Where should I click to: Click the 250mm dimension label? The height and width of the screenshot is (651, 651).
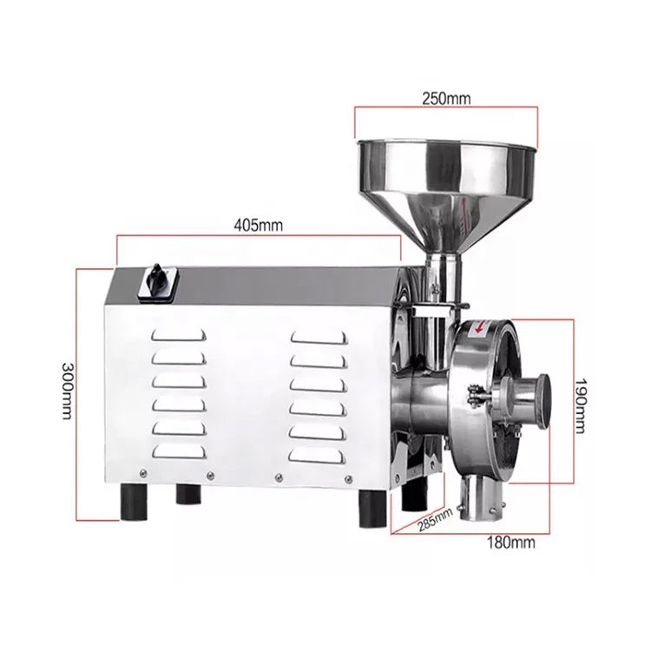click(446, 99)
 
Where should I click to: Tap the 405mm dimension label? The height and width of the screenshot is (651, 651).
click(259, 225)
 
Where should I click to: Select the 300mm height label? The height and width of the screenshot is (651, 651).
click(67, 391)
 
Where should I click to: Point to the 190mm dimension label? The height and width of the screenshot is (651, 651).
click(581, 406)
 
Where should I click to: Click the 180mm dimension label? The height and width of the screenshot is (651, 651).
click(510, 542)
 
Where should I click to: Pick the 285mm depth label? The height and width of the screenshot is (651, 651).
click(435, 519)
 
